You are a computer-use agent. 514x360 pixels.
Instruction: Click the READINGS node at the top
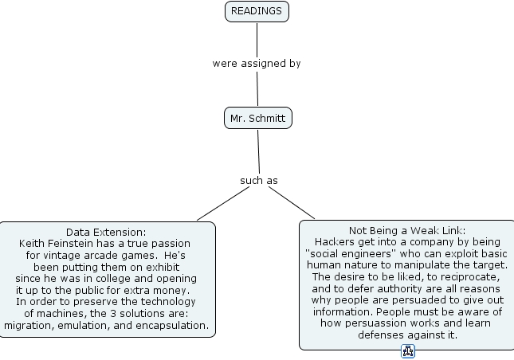click(257, 11)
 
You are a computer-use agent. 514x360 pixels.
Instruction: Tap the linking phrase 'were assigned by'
click(257, 63)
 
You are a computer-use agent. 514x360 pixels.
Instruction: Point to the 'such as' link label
click(259, 181)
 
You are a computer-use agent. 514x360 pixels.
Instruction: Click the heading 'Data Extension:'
click(106, 231)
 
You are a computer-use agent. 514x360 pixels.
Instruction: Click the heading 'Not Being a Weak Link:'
click(406, 230)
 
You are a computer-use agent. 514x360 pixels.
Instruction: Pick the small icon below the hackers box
click(408, 352)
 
